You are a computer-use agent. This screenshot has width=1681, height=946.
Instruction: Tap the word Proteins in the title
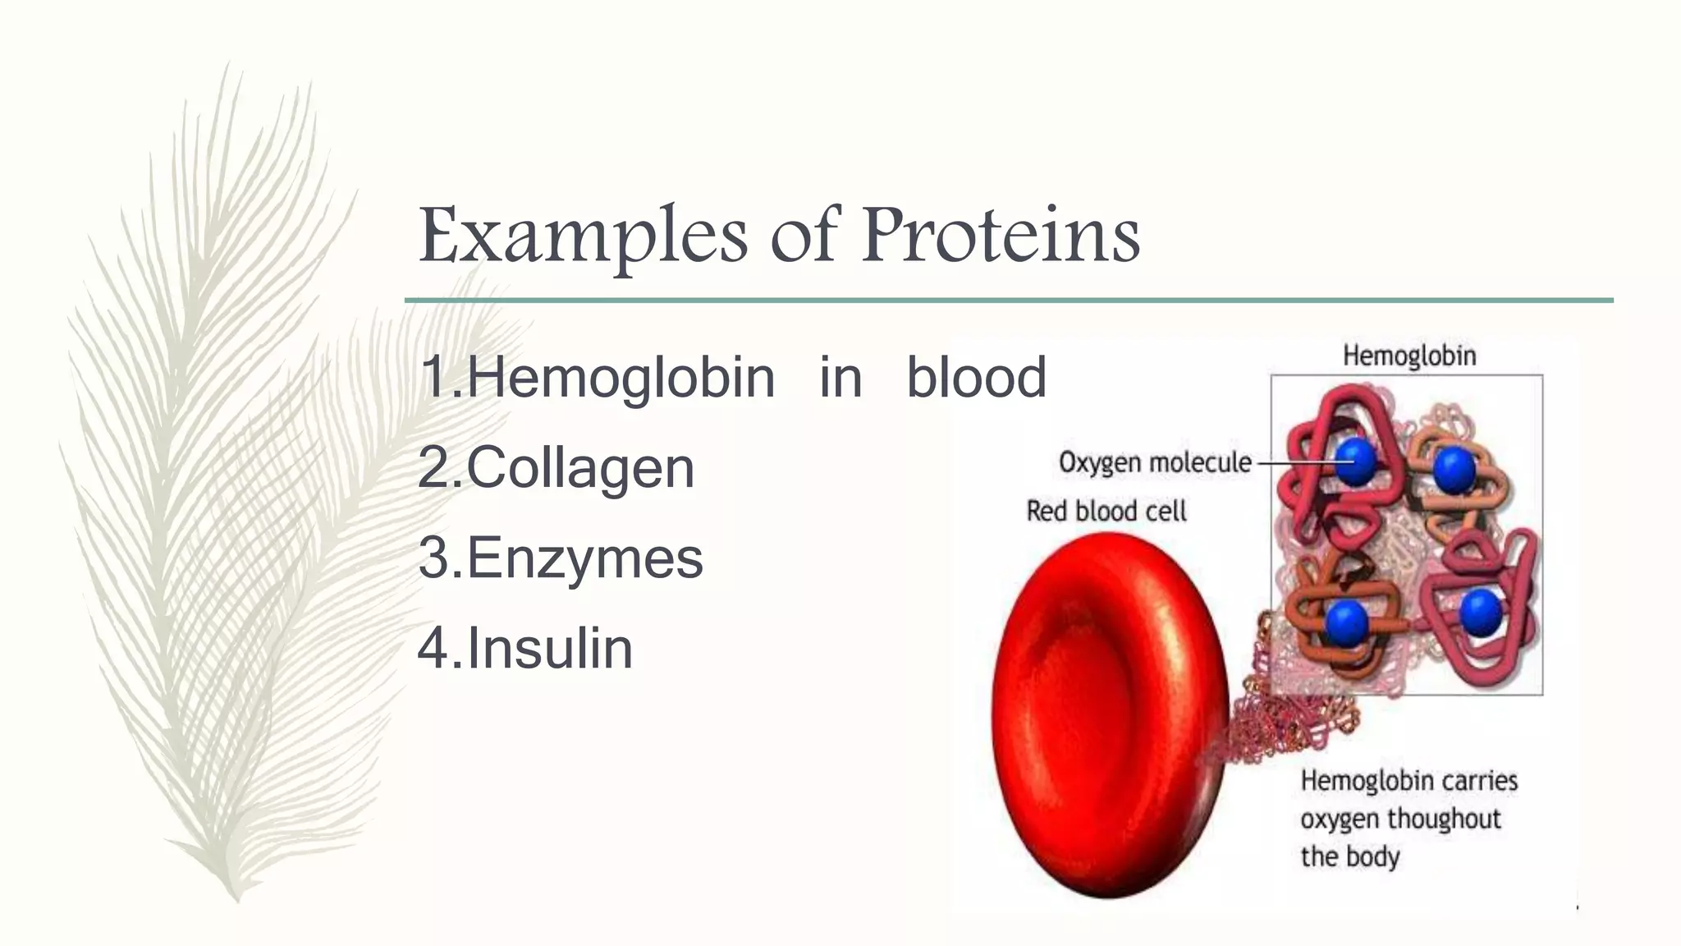tap(1001, 236)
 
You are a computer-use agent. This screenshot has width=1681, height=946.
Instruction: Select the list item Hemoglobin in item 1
tap(621, 379)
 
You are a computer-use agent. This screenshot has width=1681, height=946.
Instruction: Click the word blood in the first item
tap(976, 379)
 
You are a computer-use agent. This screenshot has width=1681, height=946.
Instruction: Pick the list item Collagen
tap(579, 468)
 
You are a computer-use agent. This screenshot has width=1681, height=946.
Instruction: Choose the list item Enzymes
tap(584, 558)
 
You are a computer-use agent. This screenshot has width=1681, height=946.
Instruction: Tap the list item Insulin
tap(549, 649)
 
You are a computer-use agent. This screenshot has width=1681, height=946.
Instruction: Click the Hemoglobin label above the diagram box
tap(1408, 356)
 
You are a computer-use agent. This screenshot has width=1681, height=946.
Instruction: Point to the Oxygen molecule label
tap(1154, 462)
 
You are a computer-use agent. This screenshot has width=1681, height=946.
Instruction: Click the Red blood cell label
tap(1106, 512)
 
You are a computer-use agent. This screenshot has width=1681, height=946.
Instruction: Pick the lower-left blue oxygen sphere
tap(1346, 621)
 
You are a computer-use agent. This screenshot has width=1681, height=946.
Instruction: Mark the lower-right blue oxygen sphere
tap(1481, 613)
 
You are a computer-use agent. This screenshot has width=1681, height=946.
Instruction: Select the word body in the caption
tap(1372, 856)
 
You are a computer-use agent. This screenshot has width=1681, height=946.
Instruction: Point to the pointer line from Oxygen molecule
tap(1297, 462)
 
